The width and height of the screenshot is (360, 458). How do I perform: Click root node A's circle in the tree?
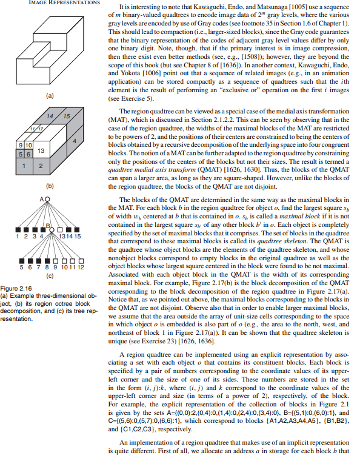point(47,199)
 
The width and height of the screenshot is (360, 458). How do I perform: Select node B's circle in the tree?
point(52,230)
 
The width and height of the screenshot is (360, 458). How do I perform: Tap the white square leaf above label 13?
point(61,230)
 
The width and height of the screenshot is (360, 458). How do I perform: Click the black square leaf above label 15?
point(77,230)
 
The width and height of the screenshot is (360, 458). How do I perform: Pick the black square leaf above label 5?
point(22,261)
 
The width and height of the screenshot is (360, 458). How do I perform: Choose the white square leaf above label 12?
point(81,261)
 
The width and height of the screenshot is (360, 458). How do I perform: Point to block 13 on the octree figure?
point(41,150)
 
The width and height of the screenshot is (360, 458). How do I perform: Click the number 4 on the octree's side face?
point(75,141)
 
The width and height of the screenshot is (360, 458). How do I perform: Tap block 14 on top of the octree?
point(50,116)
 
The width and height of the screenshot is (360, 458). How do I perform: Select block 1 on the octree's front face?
point(24,166)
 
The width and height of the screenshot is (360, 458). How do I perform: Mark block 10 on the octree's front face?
point(28,145)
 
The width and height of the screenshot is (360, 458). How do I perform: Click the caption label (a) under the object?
point(50,95)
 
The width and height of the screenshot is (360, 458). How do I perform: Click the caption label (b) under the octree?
point(50,186)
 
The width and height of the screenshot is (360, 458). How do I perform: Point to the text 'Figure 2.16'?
point(16,289)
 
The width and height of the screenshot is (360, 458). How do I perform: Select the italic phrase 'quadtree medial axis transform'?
point(152,170)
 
